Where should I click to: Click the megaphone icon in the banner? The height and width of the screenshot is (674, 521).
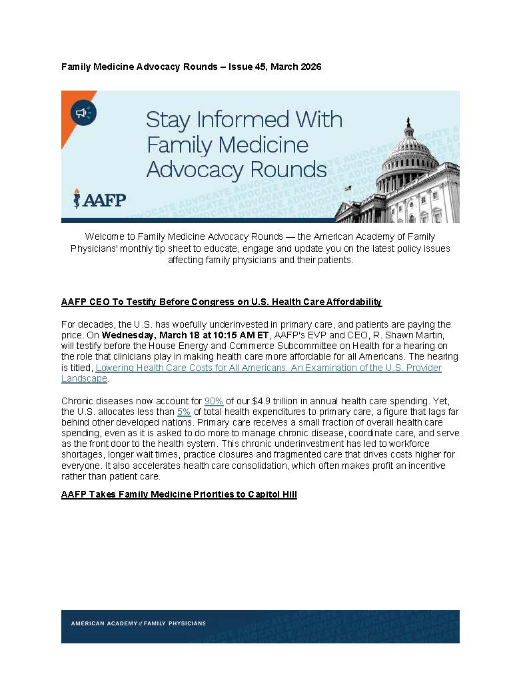(83, 113)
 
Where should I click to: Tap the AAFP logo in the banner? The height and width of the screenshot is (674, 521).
(99, 198)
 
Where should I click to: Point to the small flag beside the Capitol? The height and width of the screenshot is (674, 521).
(347, 188)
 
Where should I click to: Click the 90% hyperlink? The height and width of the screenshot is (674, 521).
(213, 401)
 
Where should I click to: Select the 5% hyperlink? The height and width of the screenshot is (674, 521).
(184, 412)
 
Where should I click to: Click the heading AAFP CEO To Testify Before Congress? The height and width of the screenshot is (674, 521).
(221, 302)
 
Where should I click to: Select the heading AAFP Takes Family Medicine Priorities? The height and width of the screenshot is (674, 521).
(179, 494)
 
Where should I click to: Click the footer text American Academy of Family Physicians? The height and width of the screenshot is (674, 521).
(138, 623)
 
